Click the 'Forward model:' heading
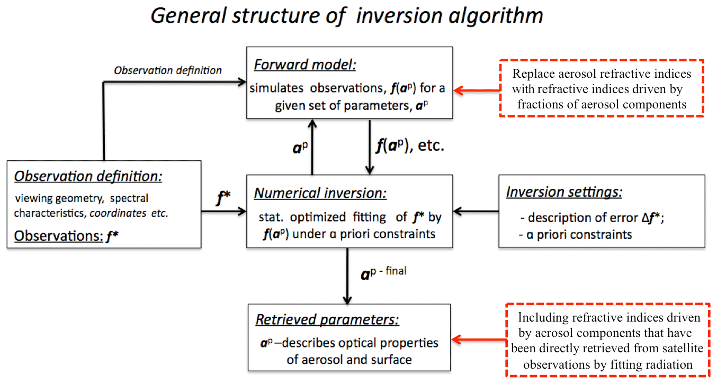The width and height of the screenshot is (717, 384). click(x=304, y=65)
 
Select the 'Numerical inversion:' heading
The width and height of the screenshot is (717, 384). click(x=320, y=193)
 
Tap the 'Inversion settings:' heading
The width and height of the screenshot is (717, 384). click(x=564, y=192)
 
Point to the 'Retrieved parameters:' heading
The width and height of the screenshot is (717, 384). click(x=327, y=319)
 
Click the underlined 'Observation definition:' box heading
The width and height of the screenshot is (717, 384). click(x=88, y=176)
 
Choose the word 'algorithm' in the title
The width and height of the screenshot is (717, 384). click(x=496, y=16)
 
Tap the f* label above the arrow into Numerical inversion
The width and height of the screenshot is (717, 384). click(x=223, y=197)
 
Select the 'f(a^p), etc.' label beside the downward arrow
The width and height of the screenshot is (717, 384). click(x=410, y=146)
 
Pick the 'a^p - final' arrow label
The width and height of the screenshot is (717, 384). click(x=383, y=273)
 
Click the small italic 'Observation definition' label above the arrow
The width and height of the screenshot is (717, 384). click(x=168, y=70)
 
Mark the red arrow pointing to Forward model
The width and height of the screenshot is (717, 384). click(x=477, y=90)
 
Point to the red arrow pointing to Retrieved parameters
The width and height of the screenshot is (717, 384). click(x=479, y=340)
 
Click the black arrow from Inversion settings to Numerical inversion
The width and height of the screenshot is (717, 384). click(x=476, y=211)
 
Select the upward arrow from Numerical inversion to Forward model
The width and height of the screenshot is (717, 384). click(x=312, y=147)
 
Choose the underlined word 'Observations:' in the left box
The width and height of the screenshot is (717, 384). click(x=59, y=236)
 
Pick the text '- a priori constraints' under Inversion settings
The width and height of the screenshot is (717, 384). click(x=576, y=235)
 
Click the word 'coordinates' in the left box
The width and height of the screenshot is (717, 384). click(x=118, y=213)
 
